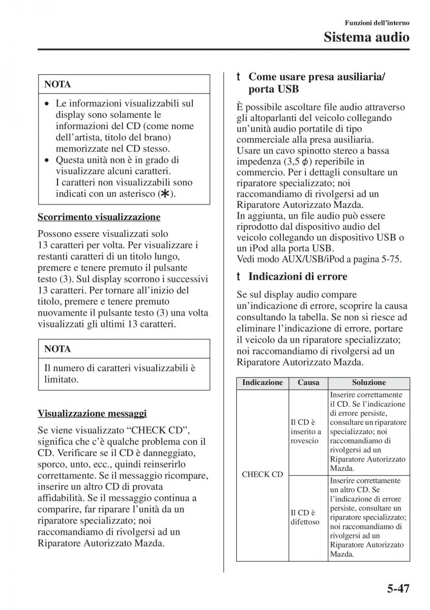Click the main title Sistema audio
click(367, 37)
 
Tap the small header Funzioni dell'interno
click(377, 23)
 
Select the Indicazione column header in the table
click(263, 383)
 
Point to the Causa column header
click(308, 383)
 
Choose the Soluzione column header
click(368, 383)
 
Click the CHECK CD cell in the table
click(263, 474)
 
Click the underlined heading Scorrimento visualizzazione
click(99, 217)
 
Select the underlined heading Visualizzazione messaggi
click(93, 413)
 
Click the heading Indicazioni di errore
click(298, 277)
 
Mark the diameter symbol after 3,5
click(290, 162)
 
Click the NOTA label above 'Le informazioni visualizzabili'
click(58, 84)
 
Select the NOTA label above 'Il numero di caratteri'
click(58, 349)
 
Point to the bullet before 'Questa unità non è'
click(47, 160)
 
